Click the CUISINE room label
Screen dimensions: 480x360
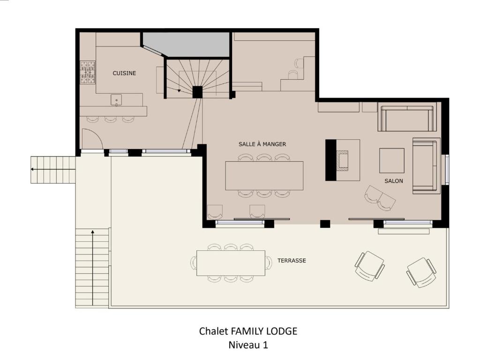pyautogui.click(x=124, y=73)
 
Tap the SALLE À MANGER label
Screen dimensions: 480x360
pyautogui.click(x=262, y=144)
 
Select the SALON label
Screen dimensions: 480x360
pyautogui.click(x=394, y=181)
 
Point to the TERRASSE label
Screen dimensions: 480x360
pyautogui.click(x=292, y=261)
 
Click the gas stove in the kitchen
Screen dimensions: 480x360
pyautogui.click(x=88, y=72)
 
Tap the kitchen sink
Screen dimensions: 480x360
pyautogui.click(x=116, y=100)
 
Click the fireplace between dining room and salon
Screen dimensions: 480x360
pyautogui.click(x=343, y=160)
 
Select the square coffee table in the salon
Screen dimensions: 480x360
pyautogui.click(x=392, y=161)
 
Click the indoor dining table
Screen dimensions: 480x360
pyautogui.click(x=264, y=176)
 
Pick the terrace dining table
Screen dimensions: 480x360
pyautogui.click(x=231, y=263)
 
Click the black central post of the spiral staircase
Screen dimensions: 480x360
pyautogui.click(x=197, y=92)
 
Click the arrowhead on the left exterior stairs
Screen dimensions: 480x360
pyautogui.click(x=32, y=169)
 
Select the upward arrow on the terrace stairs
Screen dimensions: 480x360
pyautogui.click(x=92, y=268)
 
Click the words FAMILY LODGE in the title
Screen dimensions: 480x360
pyautogui.click(x=264, y=331)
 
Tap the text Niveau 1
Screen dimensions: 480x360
pyautogui.click(x=248, y=345)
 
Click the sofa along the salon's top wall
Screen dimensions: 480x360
pyautogui.click(x=407, y=119)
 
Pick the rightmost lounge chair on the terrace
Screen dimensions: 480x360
pyautogui.click(x=421, y=272)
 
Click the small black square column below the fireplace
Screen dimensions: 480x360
pyautogui.click(x=325, y=224)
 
